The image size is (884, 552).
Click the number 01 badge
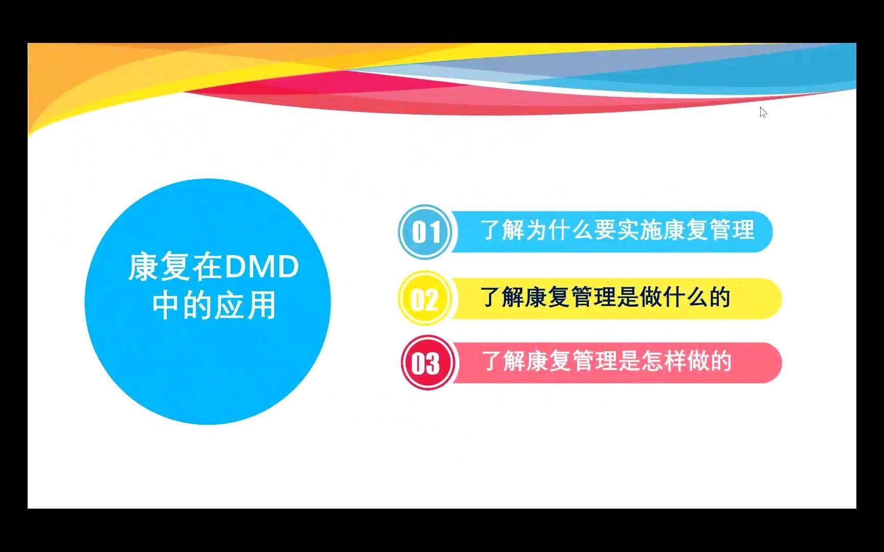point(425,232)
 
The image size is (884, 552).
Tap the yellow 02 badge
point(425,299)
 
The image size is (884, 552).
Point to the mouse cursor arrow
point(763,112)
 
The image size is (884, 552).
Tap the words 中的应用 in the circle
point(214,305)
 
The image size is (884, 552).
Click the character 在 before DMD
point(207,267)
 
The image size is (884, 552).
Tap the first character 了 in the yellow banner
point(490,297)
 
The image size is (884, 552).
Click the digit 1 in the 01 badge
point(435,233)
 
